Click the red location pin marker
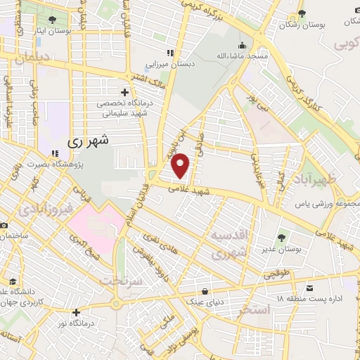pyautogui.click(x=181, y=165)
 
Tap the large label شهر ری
pyautogui.click(x=90, y=141)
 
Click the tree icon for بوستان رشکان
pyautogui.click(x=302, y=13)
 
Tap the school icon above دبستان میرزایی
pyautogui.click(x=169, y=53)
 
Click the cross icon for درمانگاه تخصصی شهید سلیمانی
pyautogui.click(x=124, y=92)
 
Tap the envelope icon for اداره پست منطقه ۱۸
pyautogui.click(x=310, y=287)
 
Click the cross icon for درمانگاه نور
pyautogui.click(x=76, y=312)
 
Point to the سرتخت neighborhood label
pyautogui.click(x=121, y=279)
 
